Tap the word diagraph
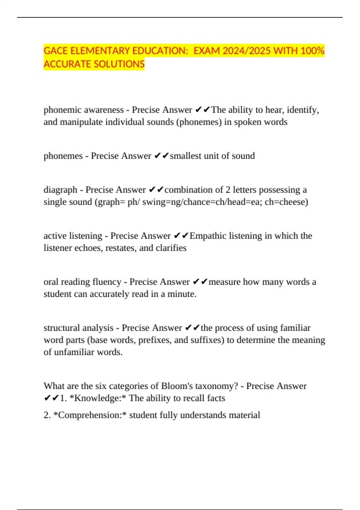click(x=60, y=190)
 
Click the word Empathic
click(x=208, y=236)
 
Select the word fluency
click(x=107, y=282)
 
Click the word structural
click(x=61, y=328)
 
